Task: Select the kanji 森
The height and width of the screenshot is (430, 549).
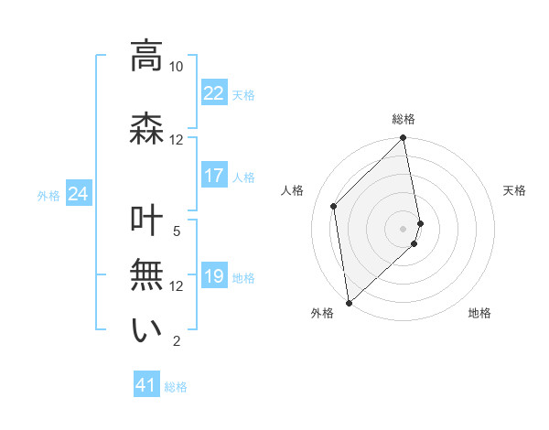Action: [146, 126]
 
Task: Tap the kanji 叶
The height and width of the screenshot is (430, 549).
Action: [146, 223]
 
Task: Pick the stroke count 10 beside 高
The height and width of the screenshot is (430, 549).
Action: [176, 67]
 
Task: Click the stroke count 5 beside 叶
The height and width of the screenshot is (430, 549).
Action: [177, 231]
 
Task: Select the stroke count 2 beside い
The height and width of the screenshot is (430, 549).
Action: [177, 341]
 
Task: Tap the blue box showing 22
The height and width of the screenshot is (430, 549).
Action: [213, 92]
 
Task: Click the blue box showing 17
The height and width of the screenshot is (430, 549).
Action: [213, 176]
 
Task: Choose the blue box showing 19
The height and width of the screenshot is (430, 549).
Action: [213, 276]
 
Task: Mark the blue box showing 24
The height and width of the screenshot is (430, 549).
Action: [78, 194]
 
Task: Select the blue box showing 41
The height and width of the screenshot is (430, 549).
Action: [146, 385]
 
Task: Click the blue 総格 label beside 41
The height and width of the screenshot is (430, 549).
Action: [176, 387]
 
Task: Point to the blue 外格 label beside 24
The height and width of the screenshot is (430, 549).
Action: [48, 195]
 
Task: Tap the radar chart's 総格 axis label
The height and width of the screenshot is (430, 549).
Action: [404, 119]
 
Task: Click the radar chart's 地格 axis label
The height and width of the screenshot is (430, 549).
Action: [479, 313]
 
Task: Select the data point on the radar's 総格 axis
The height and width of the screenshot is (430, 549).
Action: [404, 139]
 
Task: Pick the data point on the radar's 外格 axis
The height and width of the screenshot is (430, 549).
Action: [349, 302]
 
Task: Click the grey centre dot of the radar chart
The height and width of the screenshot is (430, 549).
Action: [404, 228]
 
